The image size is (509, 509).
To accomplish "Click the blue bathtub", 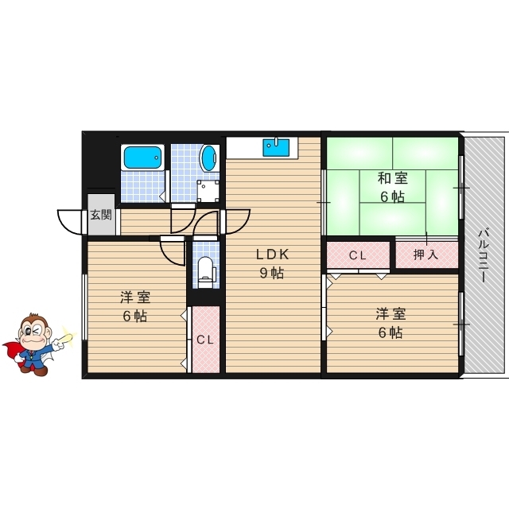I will pos(143,157).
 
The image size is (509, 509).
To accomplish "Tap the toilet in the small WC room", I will pos(206,270).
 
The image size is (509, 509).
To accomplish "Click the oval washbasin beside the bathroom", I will pos(209,157).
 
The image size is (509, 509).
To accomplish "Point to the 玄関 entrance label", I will pos(101,214).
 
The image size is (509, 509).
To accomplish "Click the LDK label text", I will pos(271,255).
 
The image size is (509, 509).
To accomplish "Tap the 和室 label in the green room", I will pos(392,178).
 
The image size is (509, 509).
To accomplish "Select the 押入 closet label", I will pos(427,255).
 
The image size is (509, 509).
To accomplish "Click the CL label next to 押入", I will pos(358,255).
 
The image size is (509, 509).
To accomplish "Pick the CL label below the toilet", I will pos(206,340).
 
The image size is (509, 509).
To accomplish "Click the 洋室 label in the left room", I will pos(135,297).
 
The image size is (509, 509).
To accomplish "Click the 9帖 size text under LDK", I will pos(271,274).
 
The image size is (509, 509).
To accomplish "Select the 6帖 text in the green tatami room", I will pos(392,197).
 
